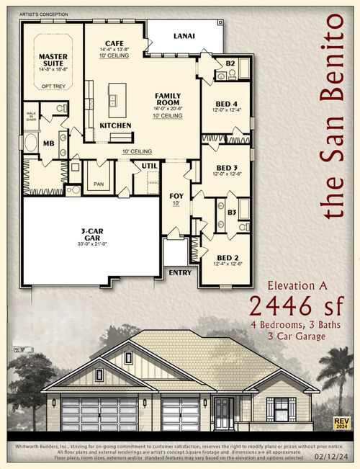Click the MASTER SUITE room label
[x=53, y=60]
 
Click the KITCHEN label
[x=115, y=125]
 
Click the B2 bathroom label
[x=230, y=63]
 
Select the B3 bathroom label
[x=232, y=213]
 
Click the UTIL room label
[x=149, y=166]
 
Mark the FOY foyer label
[x=176, y=195]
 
